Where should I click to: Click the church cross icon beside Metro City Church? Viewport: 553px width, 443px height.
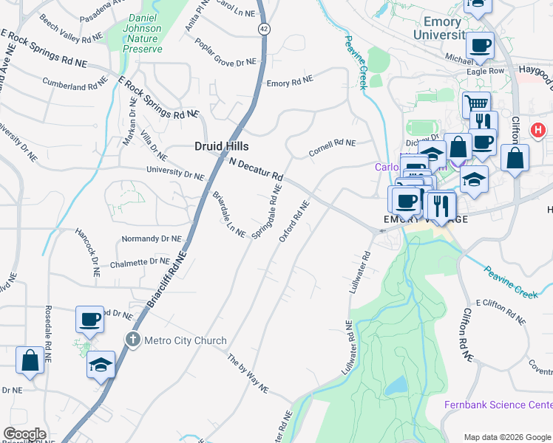[x=132, y=340]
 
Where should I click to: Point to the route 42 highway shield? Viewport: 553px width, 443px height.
[x=263, y=28]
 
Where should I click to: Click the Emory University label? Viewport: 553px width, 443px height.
[x=443, y=28]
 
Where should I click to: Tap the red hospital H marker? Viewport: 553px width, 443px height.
[x=538, y=130]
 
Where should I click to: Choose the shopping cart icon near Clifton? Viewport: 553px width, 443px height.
[x=477, y=104]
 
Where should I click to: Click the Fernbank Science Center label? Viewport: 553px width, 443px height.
[x=498, y=405]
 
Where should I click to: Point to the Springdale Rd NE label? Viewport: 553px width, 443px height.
[x=268, y=211]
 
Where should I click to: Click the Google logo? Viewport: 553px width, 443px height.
[x=24, y=434]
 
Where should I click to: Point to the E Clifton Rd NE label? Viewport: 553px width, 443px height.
[x=501, y=311]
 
